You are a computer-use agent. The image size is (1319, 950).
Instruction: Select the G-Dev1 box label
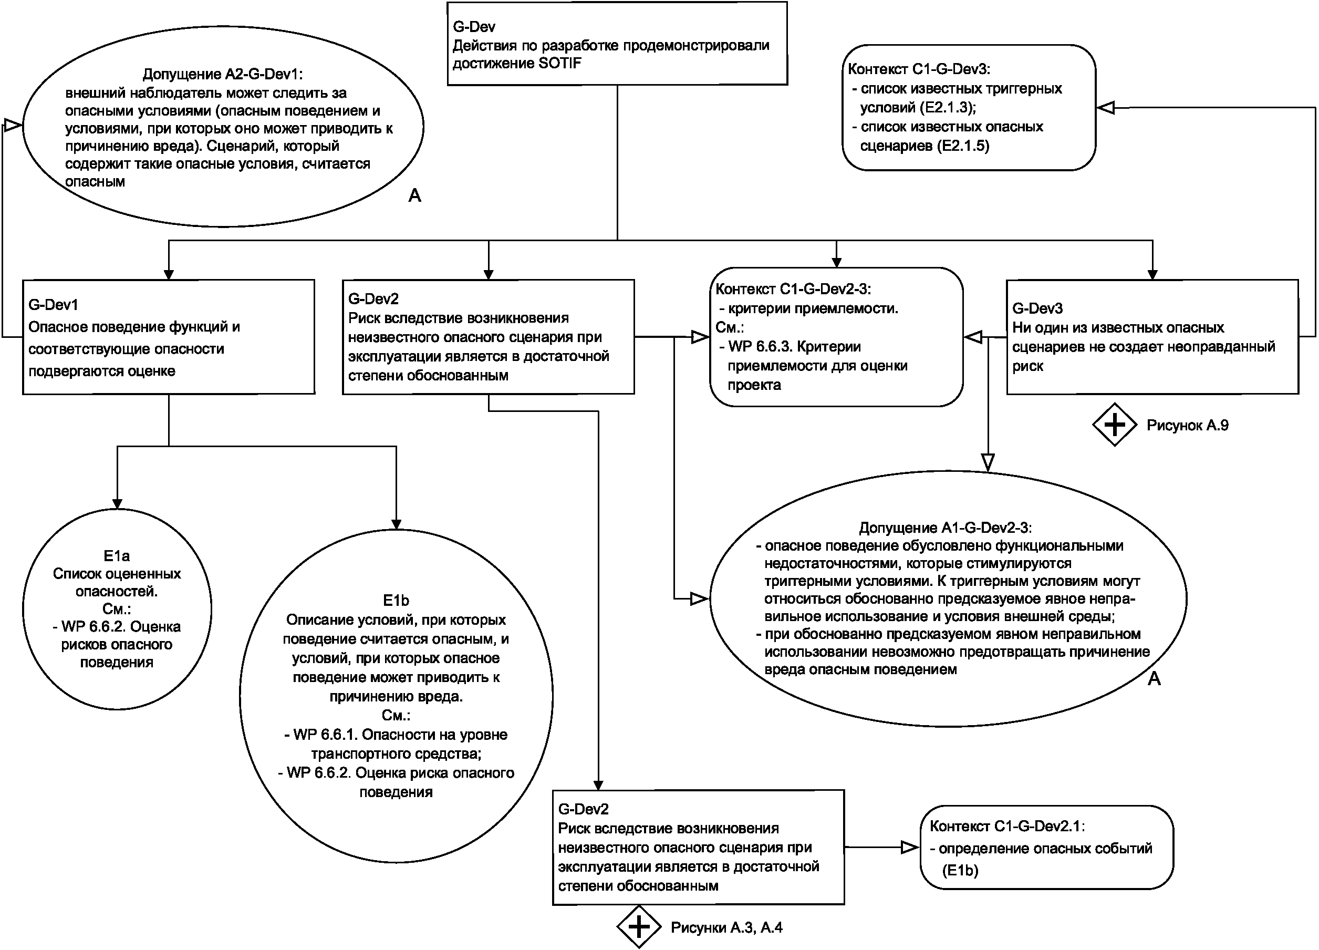pos(53,304)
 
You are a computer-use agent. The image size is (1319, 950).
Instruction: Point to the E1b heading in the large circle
pos(396,600)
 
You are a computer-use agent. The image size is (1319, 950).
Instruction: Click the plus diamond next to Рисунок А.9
pos(1114,425)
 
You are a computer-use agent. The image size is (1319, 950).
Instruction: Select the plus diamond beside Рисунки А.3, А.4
pos(639,927)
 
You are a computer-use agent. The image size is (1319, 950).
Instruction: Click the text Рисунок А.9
pos(1187,425)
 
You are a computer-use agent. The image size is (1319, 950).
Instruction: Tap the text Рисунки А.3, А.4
pos(726,927)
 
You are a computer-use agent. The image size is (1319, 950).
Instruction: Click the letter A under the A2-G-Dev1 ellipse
pos(414,195)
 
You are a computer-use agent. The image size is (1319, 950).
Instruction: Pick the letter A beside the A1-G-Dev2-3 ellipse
pos(1154,678)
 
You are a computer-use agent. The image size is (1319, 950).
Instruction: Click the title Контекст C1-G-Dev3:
pos(919,69)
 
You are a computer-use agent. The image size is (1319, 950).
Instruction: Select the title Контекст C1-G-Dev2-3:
pos(793,289)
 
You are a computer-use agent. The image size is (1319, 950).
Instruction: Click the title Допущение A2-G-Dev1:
pos(223,74)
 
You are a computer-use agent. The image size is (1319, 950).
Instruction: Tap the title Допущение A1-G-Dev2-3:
pos(945,528)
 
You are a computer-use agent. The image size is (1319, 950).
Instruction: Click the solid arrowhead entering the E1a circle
pos(118,503)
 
